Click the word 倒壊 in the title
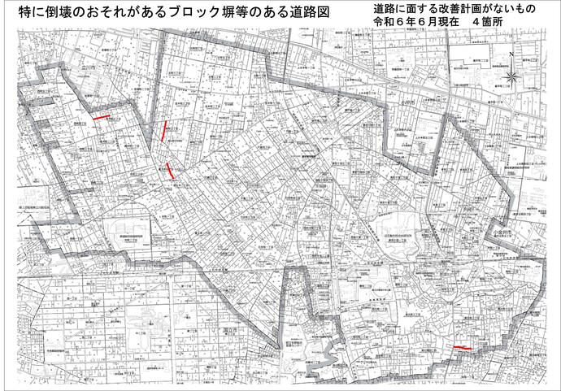click(x=64, y=15)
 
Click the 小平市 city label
click(x=395, y=103)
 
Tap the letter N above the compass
click(x=511, y=54)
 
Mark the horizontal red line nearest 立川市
click(x=102, y=118)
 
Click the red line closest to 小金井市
click(x=462, y=347)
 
